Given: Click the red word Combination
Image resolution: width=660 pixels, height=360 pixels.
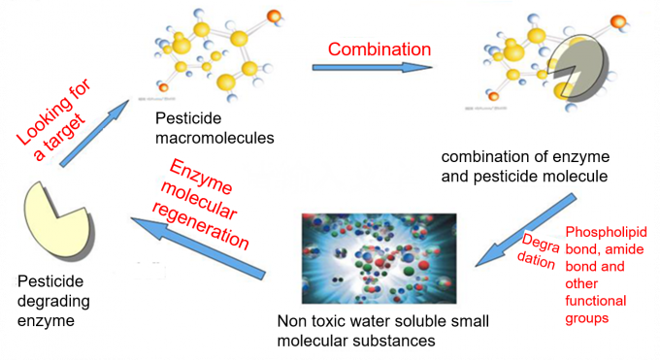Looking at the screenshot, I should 379,49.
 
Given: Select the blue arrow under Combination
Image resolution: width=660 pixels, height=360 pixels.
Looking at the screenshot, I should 373,69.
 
